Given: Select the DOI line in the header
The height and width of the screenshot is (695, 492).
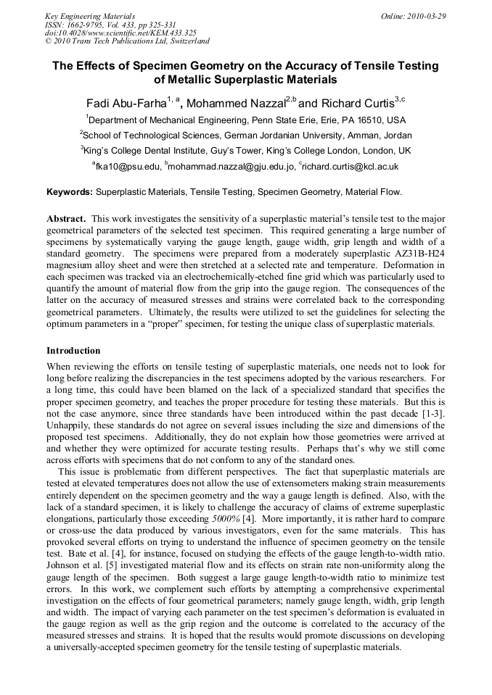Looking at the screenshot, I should [120, 33].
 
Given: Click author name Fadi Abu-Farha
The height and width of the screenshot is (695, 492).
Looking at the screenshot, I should [126, 103].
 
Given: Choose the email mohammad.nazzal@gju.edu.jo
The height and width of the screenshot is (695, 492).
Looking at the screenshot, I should [231, 167].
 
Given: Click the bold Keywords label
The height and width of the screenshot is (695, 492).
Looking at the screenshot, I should [70, 192].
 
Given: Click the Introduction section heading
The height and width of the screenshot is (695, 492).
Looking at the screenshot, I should [73, 350].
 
